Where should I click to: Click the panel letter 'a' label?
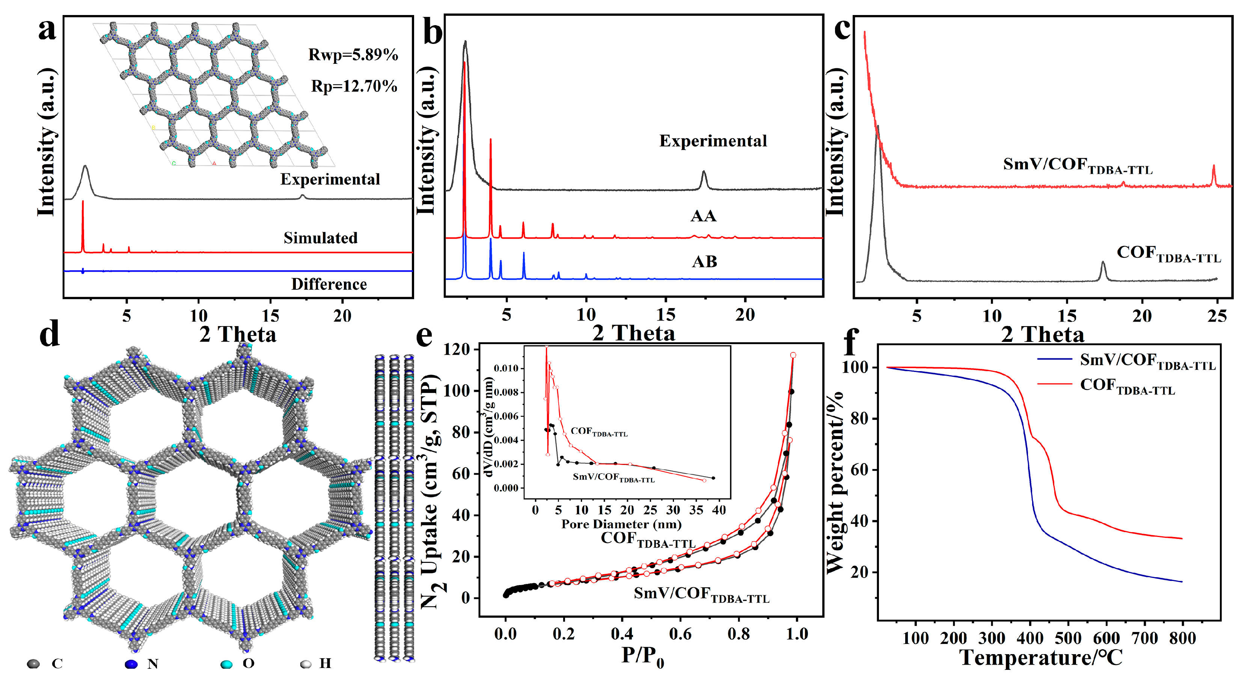(47, 30)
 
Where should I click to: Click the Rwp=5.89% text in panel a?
(353, 55)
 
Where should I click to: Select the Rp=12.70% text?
(354, 86)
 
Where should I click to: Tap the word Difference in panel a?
(329, 284)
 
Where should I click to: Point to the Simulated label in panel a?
(320, 238)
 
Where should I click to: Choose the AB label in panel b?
(704, 262)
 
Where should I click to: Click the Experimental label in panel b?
(713, 141)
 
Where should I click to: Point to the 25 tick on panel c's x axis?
(1216, 316)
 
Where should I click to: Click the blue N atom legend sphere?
(131, 664)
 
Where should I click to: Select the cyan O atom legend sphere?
(226, 664)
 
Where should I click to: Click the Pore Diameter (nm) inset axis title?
(621, 524)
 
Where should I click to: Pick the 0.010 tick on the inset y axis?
(506, 368)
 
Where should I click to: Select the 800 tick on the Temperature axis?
(1182, 638)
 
